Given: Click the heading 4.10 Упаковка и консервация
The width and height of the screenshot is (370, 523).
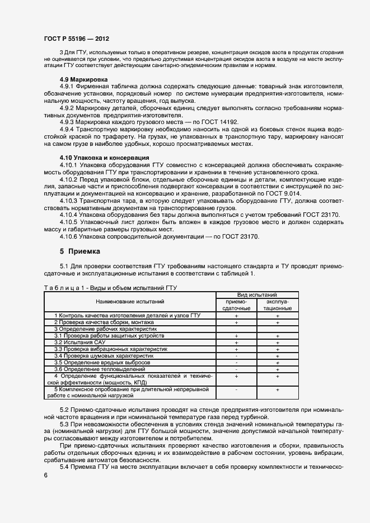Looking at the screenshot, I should (x=104, y=158).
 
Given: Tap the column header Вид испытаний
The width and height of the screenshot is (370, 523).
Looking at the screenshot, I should (x=257, y=294).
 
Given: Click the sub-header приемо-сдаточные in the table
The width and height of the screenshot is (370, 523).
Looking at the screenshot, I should (x=236, y=305).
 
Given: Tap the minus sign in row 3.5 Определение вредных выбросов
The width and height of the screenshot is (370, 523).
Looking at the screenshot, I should (x=237, y=363).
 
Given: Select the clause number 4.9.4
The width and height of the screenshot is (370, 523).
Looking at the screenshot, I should (x=68, y=129).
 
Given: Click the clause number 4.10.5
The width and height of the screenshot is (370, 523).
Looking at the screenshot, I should (x=70, y=222).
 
